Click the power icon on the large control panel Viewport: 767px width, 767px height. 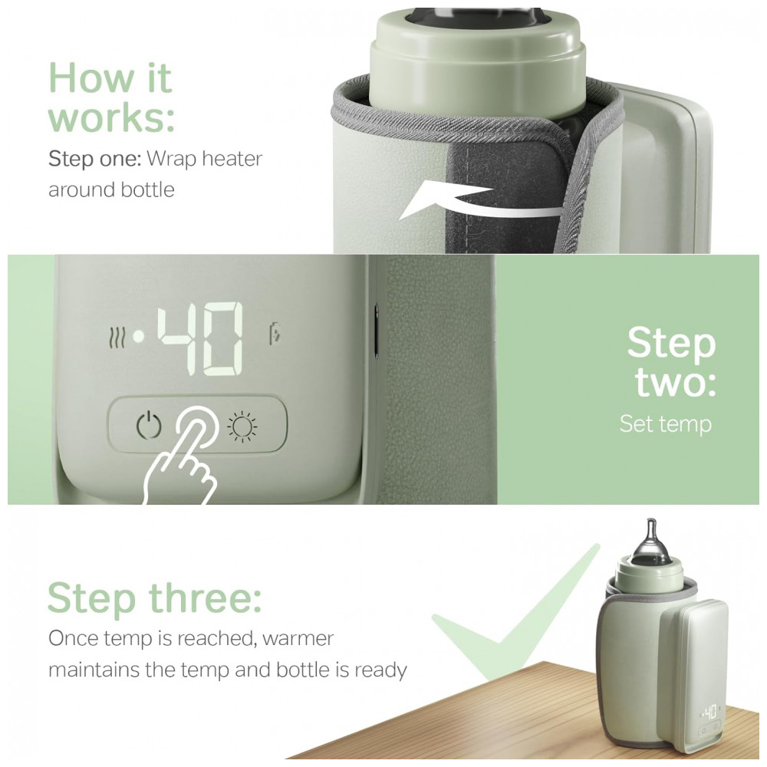(x=148, y=426)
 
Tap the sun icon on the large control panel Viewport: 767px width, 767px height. (x=242, y=426)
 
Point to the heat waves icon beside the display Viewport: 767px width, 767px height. (x=117, y=337)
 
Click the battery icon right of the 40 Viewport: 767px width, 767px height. (x=275, y=334)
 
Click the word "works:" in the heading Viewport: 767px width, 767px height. (x=111, y=117)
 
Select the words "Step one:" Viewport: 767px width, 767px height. (x=95, y=159)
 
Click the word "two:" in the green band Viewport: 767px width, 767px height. (x=676, y=382)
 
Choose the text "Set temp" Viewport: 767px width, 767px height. (x=665, y=424)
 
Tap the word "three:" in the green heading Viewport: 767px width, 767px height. (x=205, y=597)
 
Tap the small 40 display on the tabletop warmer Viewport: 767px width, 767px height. (x=709, y=711)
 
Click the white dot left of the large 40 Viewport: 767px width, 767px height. (x=140, y=337)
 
